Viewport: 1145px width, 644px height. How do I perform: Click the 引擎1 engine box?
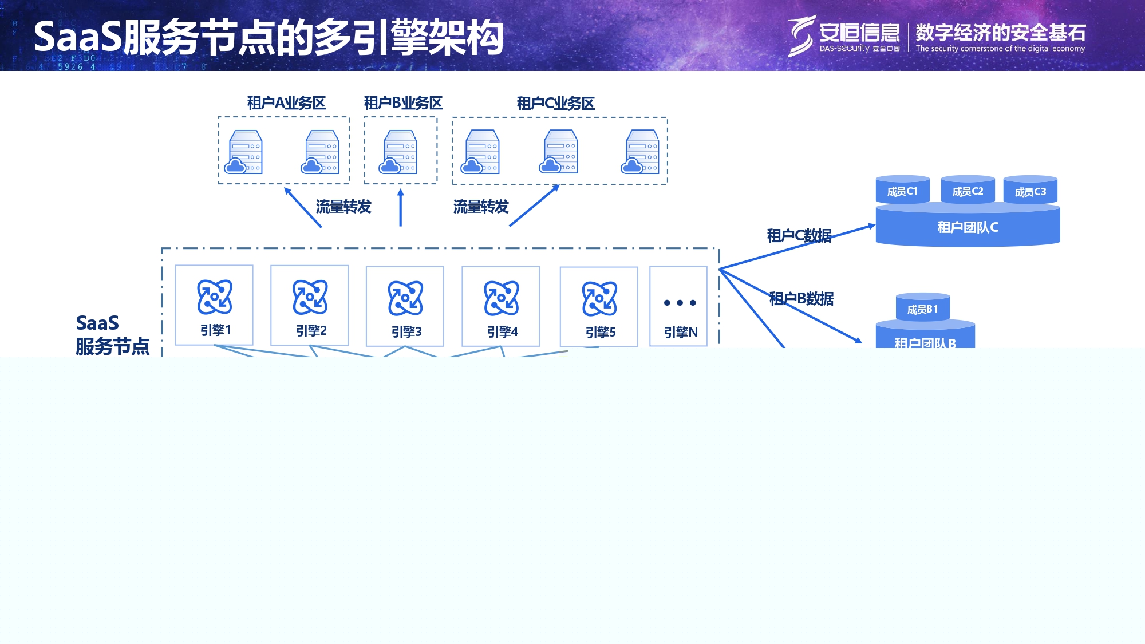point(214,305)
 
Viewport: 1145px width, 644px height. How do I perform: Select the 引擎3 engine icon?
point(405,298)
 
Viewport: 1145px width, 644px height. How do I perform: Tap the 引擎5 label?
point(600,333)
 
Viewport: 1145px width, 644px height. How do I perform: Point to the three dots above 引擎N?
point(680,303)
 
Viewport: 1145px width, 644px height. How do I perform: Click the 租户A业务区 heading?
point(286,103)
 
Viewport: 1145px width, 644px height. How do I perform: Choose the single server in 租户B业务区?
point(399,152)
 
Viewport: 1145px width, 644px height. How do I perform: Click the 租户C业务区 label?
point(555,104)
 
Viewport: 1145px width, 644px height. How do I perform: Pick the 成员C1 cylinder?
point(902,191)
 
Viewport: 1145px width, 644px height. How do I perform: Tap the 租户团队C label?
point(968,227)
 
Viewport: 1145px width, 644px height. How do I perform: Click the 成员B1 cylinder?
point(922,309)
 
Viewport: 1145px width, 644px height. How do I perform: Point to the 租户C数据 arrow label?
point(799,236)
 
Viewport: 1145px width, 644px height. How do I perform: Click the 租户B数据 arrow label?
point(801,298)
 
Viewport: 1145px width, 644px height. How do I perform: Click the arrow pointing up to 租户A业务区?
point(303,207)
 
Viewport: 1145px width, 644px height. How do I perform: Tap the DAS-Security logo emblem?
point(801,35)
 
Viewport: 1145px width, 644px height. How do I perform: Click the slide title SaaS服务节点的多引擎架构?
point(269,38)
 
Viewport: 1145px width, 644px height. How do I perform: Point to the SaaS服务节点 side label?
point(112,335)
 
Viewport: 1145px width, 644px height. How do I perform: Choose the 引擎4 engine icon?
point(502,298)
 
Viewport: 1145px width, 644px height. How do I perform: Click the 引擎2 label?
point(311,331)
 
